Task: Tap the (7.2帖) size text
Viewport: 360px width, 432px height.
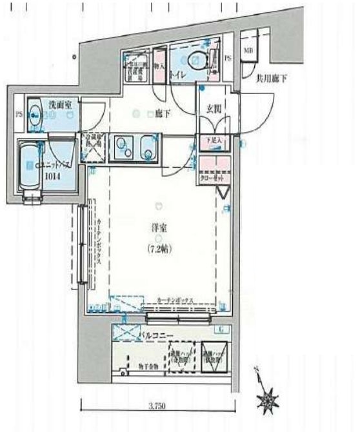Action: [158, 249]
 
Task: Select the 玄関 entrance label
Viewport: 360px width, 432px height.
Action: [214, 110]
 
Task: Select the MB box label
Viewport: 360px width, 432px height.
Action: [248, 50]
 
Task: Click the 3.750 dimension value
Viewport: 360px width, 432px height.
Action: [157, 406]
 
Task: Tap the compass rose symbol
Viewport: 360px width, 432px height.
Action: [266, 401]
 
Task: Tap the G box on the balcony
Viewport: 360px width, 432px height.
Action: [222, 330]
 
